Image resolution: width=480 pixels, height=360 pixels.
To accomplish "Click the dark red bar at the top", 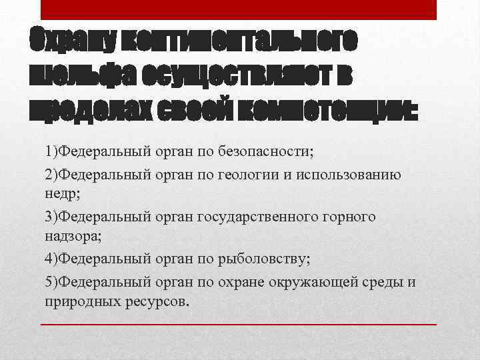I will pyautogui.click(x=239, y=10).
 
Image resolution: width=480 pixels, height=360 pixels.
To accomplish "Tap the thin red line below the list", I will pyautogui.click(x=239, y=324).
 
